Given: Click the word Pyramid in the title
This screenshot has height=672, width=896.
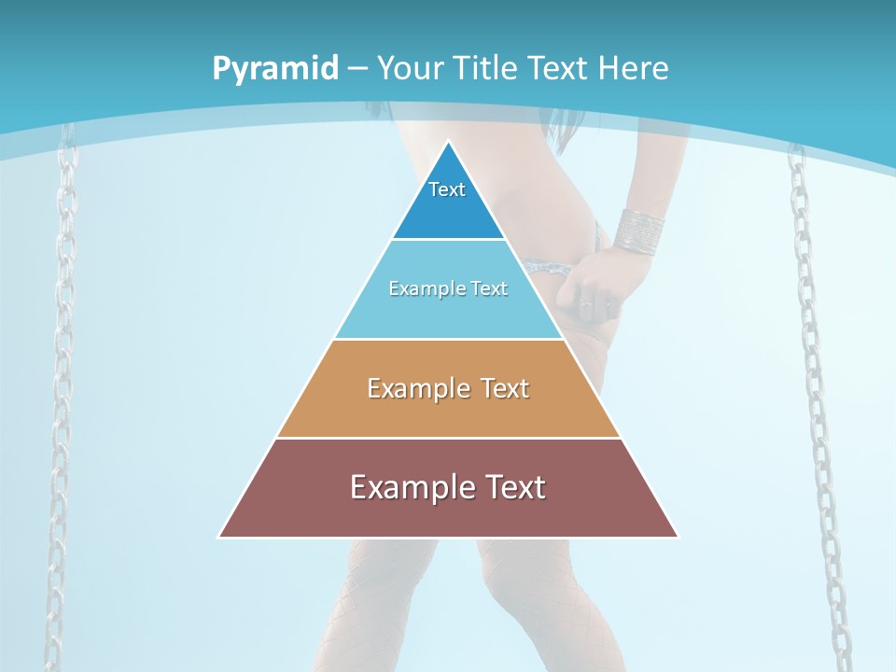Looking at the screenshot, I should coord(274,69).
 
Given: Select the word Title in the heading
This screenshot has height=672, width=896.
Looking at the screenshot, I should coord(487,69).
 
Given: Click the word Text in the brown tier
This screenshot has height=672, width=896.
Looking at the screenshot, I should coord(511,487).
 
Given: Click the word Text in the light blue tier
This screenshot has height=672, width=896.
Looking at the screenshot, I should coord(490,289).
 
